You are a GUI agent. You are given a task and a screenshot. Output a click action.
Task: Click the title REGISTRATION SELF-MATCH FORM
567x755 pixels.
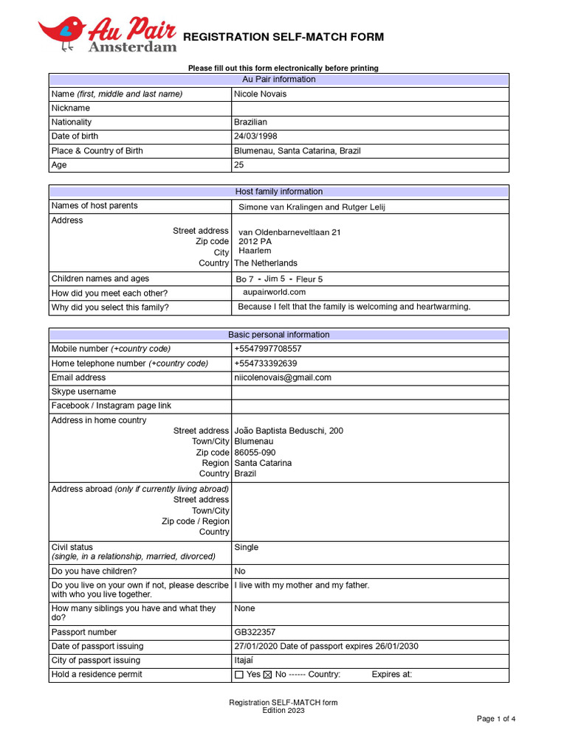tap(283, 38)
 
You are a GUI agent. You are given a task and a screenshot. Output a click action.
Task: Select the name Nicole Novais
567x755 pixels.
tap(260, 94)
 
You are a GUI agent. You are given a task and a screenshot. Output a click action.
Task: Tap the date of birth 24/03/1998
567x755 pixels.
tap(255, 136)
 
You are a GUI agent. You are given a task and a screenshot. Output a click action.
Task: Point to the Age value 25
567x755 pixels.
tap(238, 165)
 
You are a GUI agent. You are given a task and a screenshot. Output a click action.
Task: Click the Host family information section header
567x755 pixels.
tap(278, 192)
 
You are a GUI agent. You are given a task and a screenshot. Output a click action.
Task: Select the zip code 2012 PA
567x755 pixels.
tap(255, 242)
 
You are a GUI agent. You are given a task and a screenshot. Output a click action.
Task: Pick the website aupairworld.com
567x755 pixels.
tap(274, 293)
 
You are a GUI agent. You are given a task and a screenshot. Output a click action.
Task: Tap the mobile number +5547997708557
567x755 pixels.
tap(267, 349)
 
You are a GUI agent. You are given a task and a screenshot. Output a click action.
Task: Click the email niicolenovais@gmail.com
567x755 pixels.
tap(282, 377)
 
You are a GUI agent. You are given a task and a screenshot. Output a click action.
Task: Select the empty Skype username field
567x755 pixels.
tap(369, 392)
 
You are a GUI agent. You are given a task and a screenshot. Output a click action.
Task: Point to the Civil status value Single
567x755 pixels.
tap(246, 548)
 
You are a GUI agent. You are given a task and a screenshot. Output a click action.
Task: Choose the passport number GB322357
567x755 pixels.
tap(255, 633)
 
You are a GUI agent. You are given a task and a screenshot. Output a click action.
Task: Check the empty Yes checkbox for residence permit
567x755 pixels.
tap(238, 675)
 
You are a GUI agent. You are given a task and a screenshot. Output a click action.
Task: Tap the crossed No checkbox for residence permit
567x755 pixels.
tap(267, 675)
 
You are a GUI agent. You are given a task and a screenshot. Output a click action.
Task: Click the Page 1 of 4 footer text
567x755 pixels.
tap(495, 719)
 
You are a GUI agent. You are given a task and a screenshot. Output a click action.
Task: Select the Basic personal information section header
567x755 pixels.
tap(278, 335)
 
